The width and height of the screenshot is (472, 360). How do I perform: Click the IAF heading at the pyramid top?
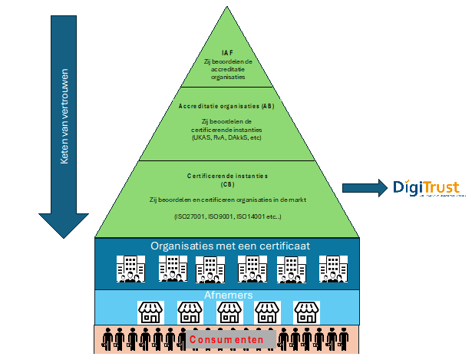(x=227, y=52)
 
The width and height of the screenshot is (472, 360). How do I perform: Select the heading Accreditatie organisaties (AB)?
(x=227, y=105)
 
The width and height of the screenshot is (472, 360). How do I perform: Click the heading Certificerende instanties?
(x=227, y=176)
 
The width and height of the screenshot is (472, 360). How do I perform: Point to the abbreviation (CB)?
(x=227, y=184)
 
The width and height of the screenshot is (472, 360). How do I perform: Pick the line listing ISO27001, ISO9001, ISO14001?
(x=227, y=217)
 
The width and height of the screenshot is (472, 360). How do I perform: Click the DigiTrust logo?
(x=427, y=188)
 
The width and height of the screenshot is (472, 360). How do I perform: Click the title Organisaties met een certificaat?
(x=227, y=246)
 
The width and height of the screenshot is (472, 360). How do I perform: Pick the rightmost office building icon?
(x=331, y=269)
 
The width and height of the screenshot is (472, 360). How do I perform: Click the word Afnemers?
(x=227, y=295)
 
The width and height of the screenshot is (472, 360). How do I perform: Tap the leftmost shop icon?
(x=151, y=311)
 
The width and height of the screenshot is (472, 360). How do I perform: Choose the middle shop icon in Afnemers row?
(x=229, y=311)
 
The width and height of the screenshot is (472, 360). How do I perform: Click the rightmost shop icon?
(x=307, y=311)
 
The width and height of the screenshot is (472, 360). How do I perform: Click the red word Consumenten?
(x=226, y=339)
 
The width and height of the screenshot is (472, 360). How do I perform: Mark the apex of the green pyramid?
(x=228, y=8)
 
